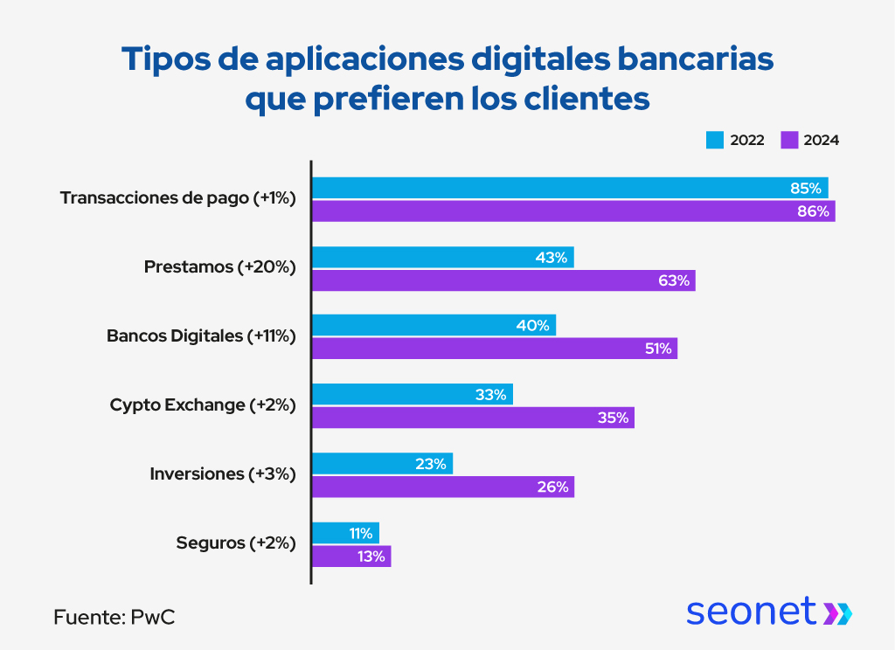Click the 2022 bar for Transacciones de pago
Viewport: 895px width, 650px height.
tap(568, 188)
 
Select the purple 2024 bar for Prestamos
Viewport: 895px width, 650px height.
tap(503, 280)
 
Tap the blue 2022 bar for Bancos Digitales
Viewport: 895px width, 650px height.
tap(433, 325)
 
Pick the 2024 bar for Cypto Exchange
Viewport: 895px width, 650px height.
tap(472, 418)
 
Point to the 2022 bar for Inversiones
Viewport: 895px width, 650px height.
tap(382, 464)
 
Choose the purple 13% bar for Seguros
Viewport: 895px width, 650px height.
tap(351, 557)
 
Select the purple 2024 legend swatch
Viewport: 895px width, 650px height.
tap(790, 140)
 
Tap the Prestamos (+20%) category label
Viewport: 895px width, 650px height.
tap(220, 266)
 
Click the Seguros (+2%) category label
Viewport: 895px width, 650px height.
tap(236, 543)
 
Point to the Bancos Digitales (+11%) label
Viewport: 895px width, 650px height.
tap(201, 335)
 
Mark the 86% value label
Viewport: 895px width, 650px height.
tap(813, 211)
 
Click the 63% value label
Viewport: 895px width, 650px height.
tap(674, 280)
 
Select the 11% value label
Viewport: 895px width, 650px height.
tap(361, 533)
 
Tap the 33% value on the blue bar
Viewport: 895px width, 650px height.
tap(490, 395)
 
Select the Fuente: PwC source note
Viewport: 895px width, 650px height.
tap(114, 616)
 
